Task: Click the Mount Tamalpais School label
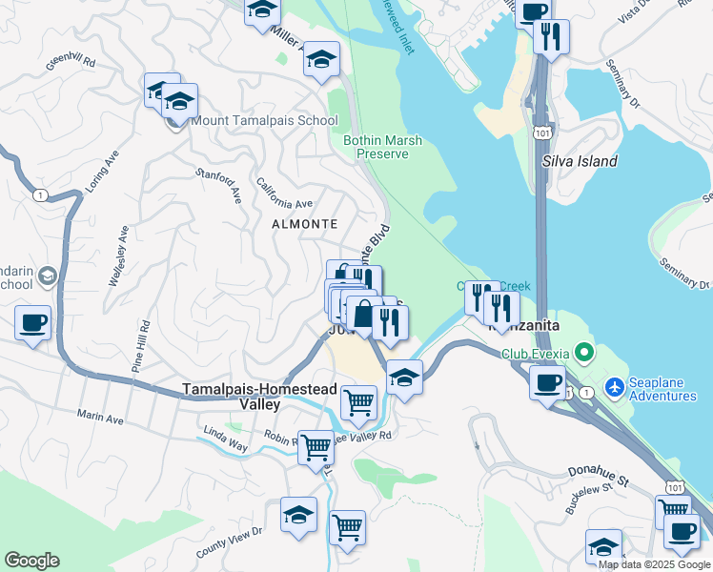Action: (264, 120)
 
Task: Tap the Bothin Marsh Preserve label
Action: (382, 147)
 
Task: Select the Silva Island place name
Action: (580, 161)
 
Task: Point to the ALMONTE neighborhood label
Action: (305, 223)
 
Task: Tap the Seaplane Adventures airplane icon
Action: (616, 388)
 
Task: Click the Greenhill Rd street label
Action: (71, 62)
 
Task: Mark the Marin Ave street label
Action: (101, 418)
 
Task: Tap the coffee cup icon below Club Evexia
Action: (547, 383)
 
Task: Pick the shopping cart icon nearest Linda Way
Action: (316, 445)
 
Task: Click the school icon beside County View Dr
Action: (298, 514)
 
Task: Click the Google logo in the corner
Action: (31, 561)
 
